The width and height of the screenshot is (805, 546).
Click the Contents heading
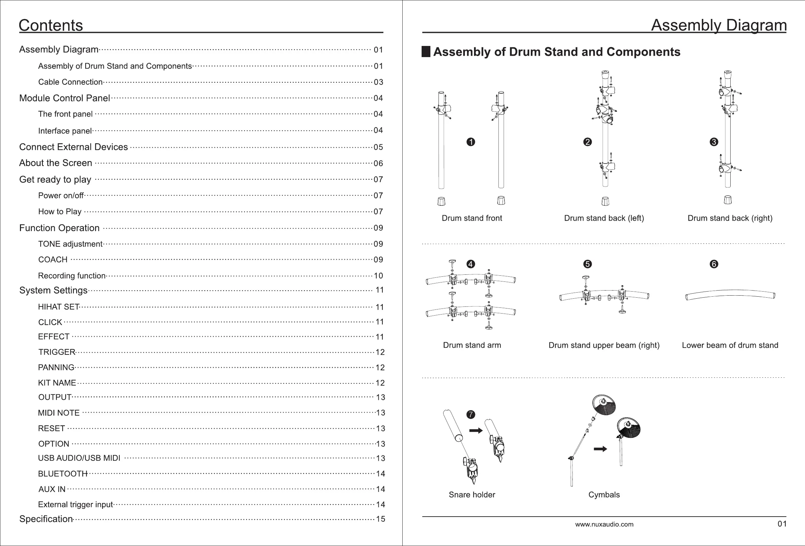(x=51, y=25)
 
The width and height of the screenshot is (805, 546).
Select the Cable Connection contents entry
(x=70, y=82)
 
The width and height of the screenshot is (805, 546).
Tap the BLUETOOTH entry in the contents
(x=63, y=474)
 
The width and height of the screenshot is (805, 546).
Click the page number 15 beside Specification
(x=380, y=519)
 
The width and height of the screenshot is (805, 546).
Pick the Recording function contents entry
(x=72, y=276)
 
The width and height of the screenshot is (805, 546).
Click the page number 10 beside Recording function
(x=378, y=276)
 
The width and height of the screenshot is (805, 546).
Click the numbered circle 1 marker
(x=471, y=142)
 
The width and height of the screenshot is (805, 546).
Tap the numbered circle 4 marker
(x=470, y=264)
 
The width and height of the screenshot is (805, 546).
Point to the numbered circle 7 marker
(x=471, y=415)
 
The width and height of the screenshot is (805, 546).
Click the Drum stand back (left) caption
(x=604, y=218)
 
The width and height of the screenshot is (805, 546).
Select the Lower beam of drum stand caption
(x=730, y=345)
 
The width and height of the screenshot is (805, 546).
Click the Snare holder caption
(x=472, y=495)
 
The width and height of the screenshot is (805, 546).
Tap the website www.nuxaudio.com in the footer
(x=604, y=524)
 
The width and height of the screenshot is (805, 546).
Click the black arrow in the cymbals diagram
(x=600, y=449)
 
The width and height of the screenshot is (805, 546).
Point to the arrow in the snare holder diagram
(x=476, y=431)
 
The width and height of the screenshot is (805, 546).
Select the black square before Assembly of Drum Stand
(x=426, y=52)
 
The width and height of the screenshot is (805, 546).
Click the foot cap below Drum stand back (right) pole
(x=728, y=200)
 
